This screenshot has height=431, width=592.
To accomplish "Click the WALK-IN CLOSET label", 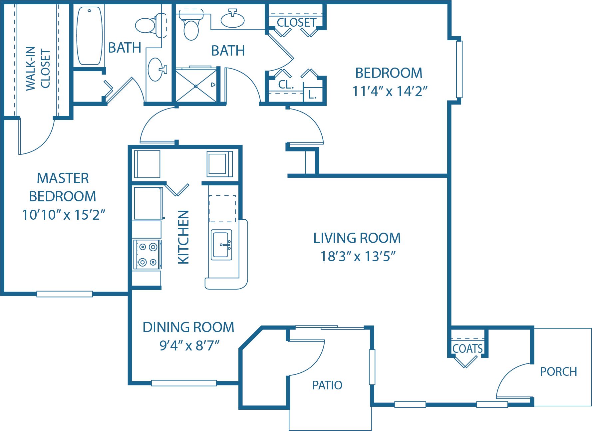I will point(38,68).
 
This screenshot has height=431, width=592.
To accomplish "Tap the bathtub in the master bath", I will point(89,36).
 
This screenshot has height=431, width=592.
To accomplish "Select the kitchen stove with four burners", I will point(147,255).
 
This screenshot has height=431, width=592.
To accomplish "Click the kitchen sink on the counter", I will point(221,245).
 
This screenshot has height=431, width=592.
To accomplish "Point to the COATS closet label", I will point(467,348).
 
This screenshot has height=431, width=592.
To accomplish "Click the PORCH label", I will point(558,371).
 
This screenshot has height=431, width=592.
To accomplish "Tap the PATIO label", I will point(327,385).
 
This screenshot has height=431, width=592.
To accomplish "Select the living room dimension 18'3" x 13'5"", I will point(358,257).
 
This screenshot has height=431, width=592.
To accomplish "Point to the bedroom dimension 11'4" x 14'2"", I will point(390,91).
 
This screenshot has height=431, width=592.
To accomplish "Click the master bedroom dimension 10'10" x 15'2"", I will point(63,215).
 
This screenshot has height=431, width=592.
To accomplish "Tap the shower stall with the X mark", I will point(196,86).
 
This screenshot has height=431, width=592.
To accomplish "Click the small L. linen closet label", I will point(312,95).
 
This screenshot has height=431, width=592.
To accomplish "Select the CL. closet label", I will point(286,85).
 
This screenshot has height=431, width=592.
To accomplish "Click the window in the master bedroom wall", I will point(64,294).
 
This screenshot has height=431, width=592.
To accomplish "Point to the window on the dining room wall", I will point(184,383).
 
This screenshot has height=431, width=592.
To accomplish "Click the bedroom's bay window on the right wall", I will point(459,69).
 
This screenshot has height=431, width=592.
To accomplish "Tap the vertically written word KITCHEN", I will point(183,237).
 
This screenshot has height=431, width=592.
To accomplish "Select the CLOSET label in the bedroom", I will point(296,22).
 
